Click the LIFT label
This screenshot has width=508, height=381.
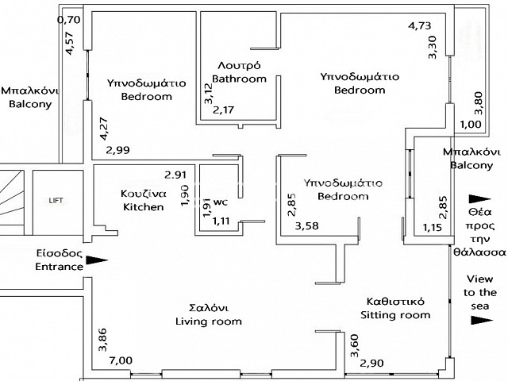click(56, 201)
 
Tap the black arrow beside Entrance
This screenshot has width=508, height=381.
click(97, 260)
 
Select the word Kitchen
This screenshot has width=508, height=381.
click(143, 207)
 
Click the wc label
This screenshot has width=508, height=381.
click(221, 202)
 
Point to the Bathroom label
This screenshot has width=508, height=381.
click(239, 79)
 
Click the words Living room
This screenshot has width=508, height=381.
click(209, 321)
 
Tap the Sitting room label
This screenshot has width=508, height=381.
click(395, 315)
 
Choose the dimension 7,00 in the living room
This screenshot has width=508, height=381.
click(121, 360)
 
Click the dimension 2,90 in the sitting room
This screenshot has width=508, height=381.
click(371, 364)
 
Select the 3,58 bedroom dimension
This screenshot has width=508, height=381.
click(306, 225)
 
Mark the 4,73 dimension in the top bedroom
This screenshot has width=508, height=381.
click(420, 25)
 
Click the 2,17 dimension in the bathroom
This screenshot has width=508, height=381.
click(223, 110)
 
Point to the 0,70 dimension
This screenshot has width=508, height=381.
click(69, 20)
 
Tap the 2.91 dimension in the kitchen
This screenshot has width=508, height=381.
click(175, 175)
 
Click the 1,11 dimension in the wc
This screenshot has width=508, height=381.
click(221, 221)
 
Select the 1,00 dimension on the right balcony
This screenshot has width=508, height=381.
click(471, 124)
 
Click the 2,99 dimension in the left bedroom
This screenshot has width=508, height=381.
click(118, 150)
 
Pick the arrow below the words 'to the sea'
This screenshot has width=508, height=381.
click(482, 320)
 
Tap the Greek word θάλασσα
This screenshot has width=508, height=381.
click(479, 252)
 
